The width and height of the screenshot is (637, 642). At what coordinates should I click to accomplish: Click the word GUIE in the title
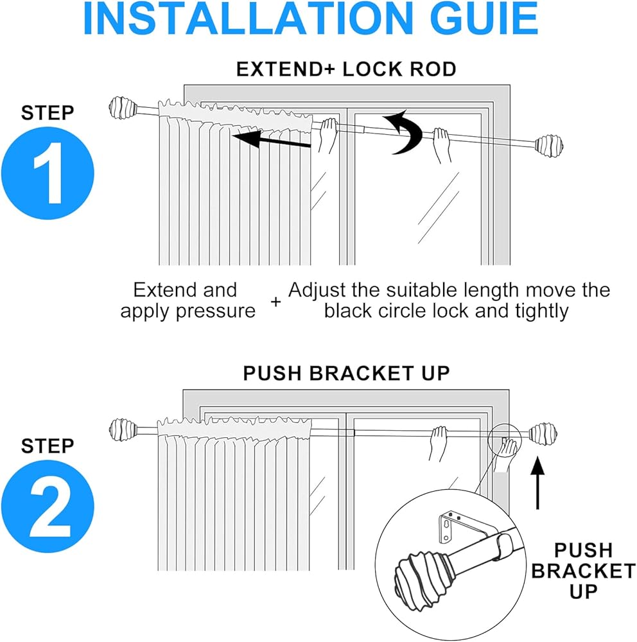click(484, 19)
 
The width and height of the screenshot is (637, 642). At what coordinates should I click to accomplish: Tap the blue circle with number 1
click(48, 173)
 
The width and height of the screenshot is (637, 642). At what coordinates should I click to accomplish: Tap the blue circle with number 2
click(48, 506)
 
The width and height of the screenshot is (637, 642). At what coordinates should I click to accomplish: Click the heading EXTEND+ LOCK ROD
click(346, 69)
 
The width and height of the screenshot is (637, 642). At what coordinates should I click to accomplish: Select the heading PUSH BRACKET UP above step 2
click(346, 373)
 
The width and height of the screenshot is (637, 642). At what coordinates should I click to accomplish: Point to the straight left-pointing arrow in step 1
click(271, 139)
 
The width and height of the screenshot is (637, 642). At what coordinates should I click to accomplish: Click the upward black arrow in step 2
click(537, 483)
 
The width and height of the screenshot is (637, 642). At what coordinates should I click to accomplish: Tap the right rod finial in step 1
click(549, 144)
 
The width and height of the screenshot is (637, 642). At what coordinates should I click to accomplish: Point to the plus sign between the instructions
click(275, 302)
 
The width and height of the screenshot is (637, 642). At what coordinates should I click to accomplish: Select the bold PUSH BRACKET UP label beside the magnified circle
click(583, 571)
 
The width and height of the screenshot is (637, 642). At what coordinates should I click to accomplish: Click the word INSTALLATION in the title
click(248, 19)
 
